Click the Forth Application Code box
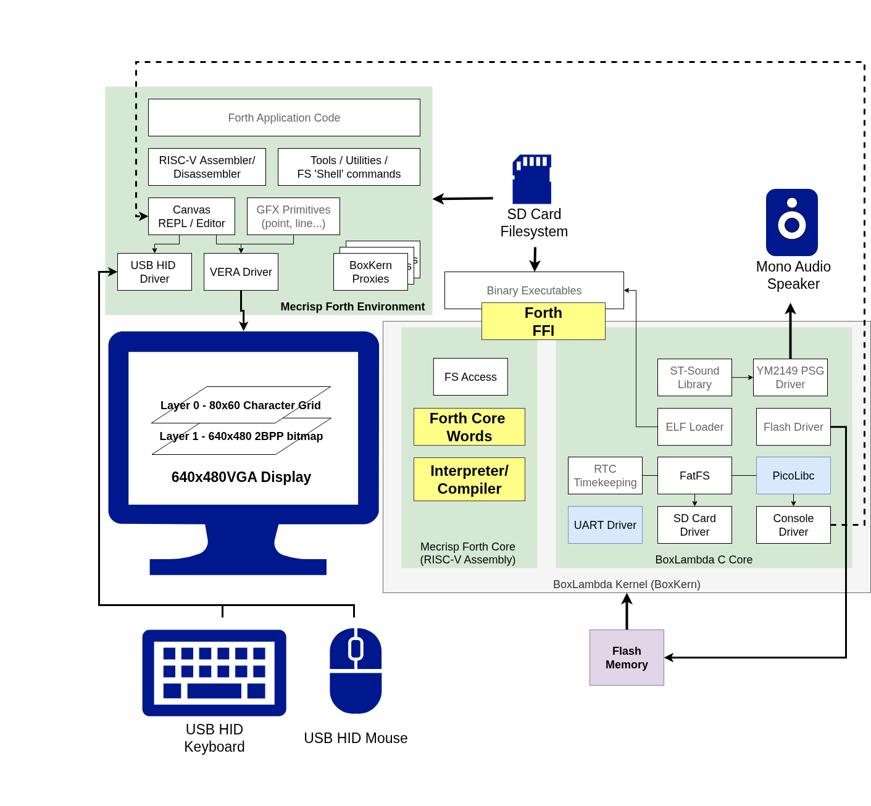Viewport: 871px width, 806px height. click(x=284, y=117)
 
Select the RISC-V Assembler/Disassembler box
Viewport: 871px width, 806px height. click(x=207, y=167)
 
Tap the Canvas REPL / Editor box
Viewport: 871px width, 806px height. click(x=191, y=216)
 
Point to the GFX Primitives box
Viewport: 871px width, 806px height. click(x=293, y=216)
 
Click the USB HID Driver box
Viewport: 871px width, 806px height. click(x=154, y=272)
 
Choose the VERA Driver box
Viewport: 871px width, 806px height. click(x=241, y=272)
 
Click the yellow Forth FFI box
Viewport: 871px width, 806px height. click(x=543, y=321)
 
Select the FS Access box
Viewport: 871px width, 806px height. click(x=470, y=376)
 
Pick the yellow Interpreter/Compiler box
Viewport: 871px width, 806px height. click(x=469, y=479)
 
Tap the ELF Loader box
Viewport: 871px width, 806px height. click(x=694, y=426)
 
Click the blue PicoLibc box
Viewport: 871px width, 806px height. click(x=793, y=475)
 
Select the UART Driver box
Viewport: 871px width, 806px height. click(x=605, y=525)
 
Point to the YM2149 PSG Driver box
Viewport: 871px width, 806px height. click(x=790, y=377)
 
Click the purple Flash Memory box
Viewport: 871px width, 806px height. click(x=627, y=657)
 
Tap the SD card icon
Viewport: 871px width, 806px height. click(x=531, y=179)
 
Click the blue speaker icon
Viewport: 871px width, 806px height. click(x=792, y=222)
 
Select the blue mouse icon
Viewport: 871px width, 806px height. click(x=356, y=671)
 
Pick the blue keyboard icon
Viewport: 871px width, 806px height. click(x=214, y=673)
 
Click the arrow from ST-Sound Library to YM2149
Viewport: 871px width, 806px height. click(x=742, y=377)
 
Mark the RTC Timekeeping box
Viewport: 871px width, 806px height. click(x=605, y=475)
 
